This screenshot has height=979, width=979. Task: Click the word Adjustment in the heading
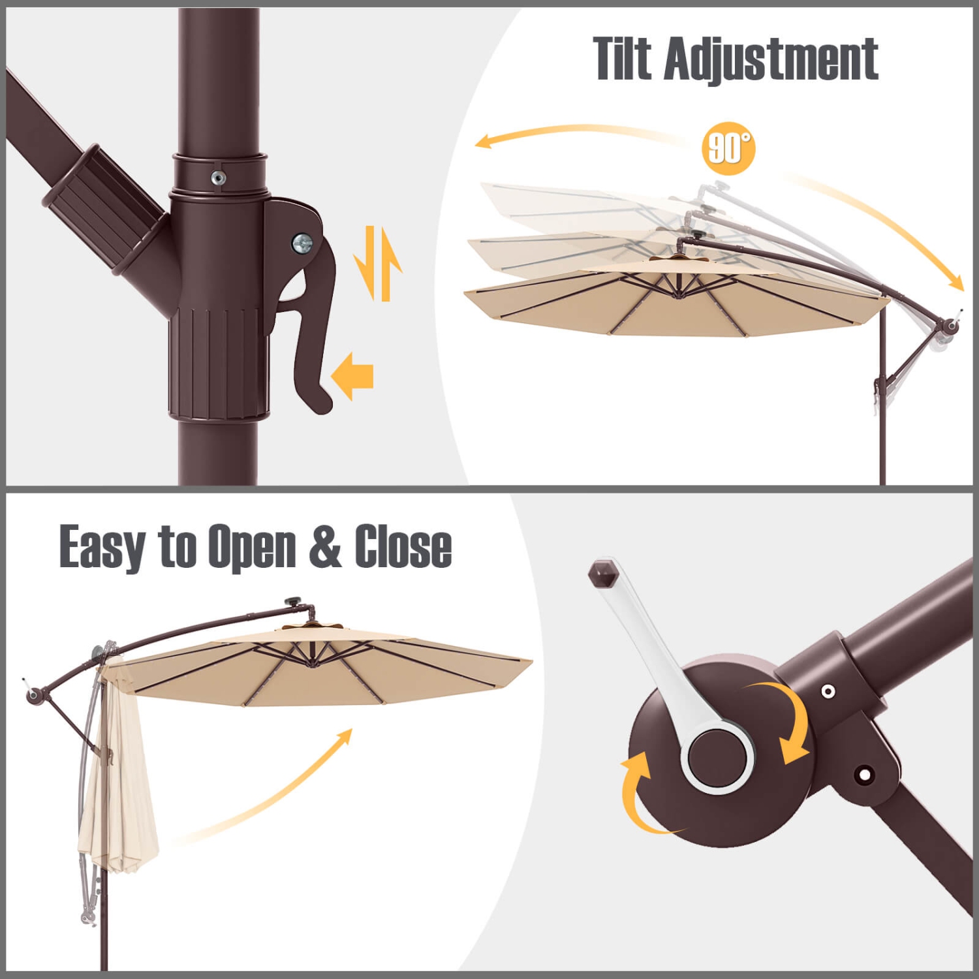pos(771,60)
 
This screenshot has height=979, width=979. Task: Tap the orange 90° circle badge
pos(728,148)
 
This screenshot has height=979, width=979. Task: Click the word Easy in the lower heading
pos(102,547)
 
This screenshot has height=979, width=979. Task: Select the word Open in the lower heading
pos(252,547)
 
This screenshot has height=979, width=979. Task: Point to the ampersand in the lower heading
pos(325,547)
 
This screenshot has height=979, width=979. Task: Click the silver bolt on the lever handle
pos(302,243)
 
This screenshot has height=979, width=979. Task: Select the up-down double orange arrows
pos(378,263)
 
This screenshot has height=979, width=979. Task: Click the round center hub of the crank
pos(717,757)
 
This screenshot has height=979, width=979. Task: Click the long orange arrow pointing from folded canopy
pos(274,790)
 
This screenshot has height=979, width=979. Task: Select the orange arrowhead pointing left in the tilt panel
pos(484,141)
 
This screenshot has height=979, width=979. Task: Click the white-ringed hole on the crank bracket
pos(828,691)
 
